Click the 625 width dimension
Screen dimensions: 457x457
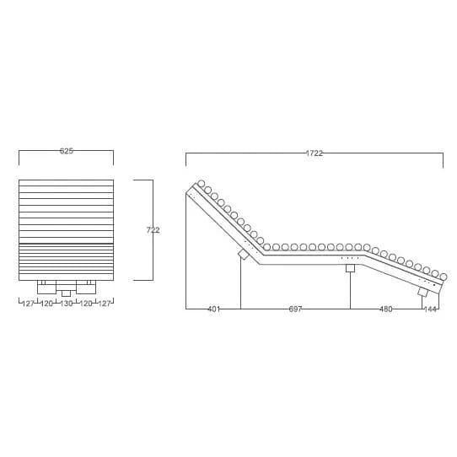point(67,151)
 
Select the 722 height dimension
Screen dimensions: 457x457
point(153,230)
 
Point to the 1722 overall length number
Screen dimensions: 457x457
point(315,153)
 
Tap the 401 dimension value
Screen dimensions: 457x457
point(214,309)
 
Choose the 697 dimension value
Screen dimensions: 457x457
point(295,309)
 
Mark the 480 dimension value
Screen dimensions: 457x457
point(386,309)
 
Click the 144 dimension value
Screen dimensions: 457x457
point(431,309)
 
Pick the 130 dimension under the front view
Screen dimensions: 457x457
point(67,304)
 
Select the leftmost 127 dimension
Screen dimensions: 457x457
point(29,304)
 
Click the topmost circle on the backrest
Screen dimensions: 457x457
point(202,184)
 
